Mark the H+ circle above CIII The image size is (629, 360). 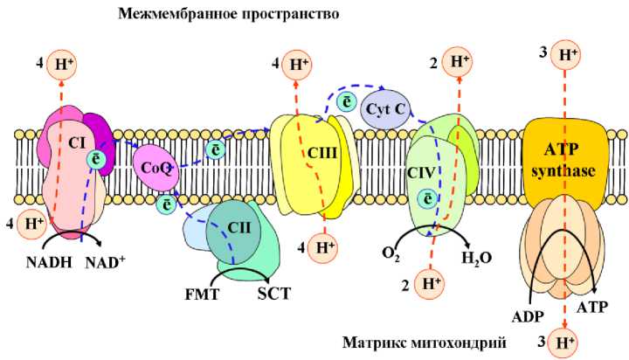[297, 64]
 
